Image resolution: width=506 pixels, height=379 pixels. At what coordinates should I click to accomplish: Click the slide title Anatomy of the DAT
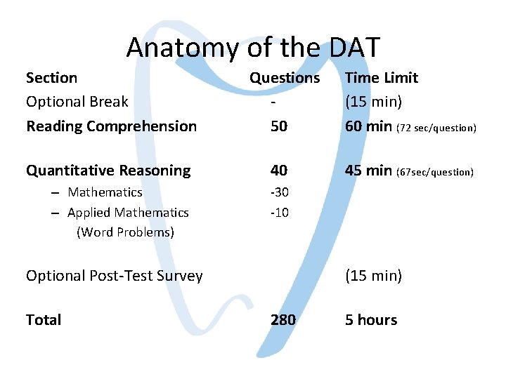tap(253, 48)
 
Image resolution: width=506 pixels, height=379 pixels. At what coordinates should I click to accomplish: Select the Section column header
tap(51, 78)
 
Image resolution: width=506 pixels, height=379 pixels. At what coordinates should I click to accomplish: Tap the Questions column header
tap(285, 78)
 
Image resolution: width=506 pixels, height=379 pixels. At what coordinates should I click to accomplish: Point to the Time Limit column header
tap(381, 78)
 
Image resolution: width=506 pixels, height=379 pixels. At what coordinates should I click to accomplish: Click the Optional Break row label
tap(77, 102)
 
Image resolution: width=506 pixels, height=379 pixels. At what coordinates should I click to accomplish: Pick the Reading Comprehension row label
tap(111, 126)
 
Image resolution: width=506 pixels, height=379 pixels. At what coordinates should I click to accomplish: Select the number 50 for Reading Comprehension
tap(280, 126)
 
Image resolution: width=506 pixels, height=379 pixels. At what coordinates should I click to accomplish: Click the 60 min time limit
tap(369, 126)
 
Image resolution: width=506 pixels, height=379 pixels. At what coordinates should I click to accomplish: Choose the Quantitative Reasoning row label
tap(108, 171)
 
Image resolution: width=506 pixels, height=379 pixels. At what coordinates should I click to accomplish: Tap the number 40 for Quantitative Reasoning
tap(280, 171)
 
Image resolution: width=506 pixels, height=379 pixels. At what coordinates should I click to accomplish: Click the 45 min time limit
tap(369, 171)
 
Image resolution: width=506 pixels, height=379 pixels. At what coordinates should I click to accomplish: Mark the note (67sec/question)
tap(436, 172)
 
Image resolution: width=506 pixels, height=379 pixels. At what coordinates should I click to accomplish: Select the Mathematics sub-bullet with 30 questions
tap(105, 192)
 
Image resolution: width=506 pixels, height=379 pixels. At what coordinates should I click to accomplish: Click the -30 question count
tap(280, 192)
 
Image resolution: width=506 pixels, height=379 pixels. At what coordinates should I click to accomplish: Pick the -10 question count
tap(280, 213)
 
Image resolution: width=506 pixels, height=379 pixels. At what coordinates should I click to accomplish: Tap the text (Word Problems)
tap(125, 232)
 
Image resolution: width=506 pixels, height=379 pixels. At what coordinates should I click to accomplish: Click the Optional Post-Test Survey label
tap(114, 276)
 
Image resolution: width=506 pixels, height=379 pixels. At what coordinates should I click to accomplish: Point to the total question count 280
tap(283, 320)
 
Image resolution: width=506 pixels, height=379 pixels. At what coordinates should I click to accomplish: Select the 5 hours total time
tap(370, 320)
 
